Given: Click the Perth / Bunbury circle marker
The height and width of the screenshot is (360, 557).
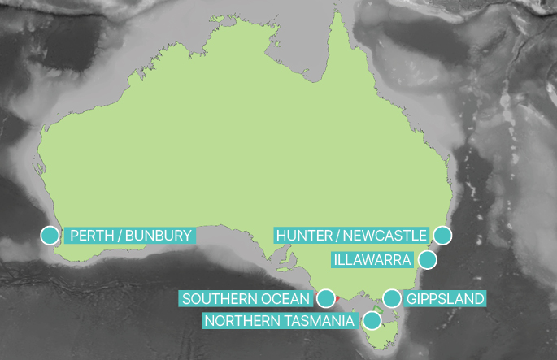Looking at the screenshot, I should coord(50,236).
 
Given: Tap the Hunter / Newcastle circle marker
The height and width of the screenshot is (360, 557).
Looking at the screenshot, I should coord(442,236).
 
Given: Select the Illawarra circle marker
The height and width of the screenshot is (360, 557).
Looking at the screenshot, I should coord(427,260).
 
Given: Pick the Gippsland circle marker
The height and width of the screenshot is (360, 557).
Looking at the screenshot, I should coord(392,298).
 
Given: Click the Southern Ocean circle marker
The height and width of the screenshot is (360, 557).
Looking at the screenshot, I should coord(325,298).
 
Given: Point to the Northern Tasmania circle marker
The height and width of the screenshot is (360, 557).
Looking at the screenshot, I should coord(372,320).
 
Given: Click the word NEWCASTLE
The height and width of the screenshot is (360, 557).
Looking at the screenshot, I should coord(384,236).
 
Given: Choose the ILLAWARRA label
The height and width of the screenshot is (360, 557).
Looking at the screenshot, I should coord(372,260).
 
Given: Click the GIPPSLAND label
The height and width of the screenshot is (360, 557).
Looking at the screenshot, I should coord(445,299).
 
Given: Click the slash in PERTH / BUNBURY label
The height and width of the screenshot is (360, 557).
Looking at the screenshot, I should coord(120,236).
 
